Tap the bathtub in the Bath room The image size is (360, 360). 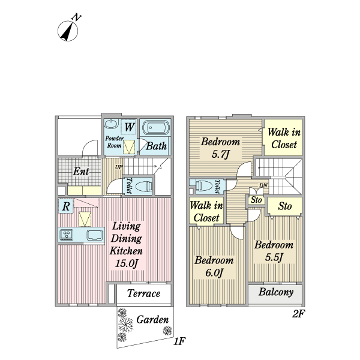[x=155, y=128]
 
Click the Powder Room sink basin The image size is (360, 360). [x=112, y=125]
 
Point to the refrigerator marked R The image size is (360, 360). [x=65, y=206]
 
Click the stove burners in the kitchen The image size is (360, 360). [x=67, y=235]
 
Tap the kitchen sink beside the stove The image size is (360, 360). [x=95, y=235]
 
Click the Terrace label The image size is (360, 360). [x=144, y=293]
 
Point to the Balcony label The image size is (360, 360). [x=276, y=293]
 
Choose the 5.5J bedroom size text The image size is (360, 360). [x=274, y=257]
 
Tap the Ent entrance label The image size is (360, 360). [x=81, y=172]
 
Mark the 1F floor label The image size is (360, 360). [x=178, y=341]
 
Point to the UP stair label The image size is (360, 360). [x=119, y=167]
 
